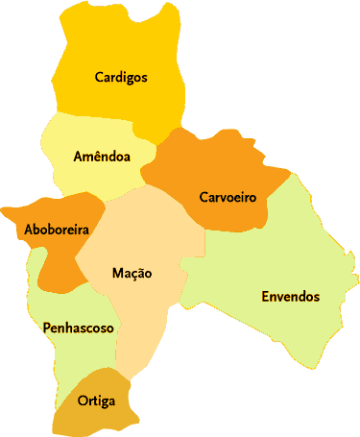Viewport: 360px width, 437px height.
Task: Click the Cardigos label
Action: click(x=121, y=78)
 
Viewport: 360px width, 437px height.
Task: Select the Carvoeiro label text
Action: click(x=228, y=198)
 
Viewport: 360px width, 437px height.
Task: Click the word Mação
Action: click(x=132, y=274)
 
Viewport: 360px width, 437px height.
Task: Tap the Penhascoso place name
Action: click(x=79, y=328)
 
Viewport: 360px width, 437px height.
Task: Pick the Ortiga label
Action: click(x=96, y=401)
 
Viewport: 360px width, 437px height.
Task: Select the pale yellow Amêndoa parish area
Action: click(x=91, y=178)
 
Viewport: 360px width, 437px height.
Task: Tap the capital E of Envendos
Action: click(x=266, y=297)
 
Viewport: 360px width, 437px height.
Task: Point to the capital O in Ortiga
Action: click(x=83, y=401)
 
